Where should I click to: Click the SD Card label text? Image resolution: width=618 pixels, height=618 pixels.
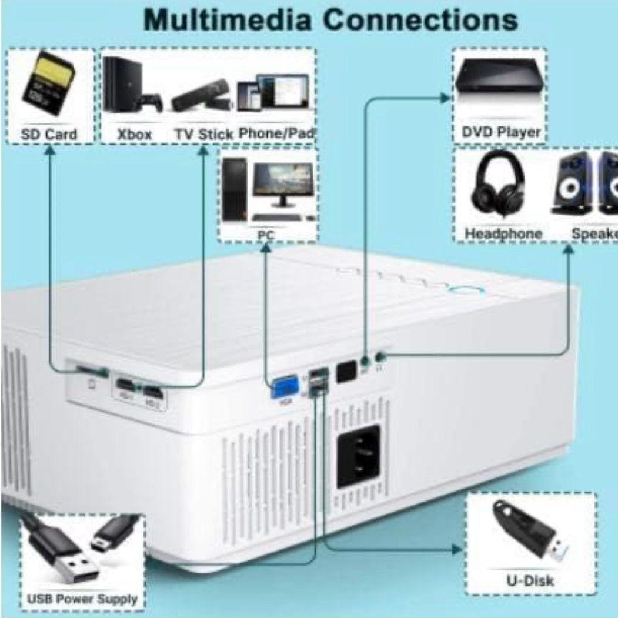[49, 135]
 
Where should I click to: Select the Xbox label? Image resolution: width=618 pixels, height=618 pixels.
[135, 135]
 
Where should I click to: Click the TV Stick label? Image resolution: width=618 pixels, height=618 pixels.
[203, 135]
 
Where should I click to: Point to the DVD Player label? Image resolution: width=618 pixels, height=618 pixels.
[500, 132]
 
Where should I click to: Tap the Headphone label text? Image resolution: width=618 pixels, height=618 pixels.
[503, 234]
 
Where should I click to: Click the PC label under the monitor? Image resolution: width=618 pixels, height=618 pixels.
[266, 236]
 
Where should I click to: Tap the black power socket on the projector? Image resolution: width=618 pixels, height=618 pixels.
[358, 455]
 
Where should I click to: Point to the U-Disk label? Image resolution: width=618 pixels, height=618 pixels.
[530, 581]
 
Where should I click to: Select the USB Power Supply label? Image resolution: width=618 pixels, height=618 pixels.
[82, 600]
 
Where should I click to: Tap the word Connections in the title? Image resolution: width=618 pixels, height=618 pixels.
[420, 21]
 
